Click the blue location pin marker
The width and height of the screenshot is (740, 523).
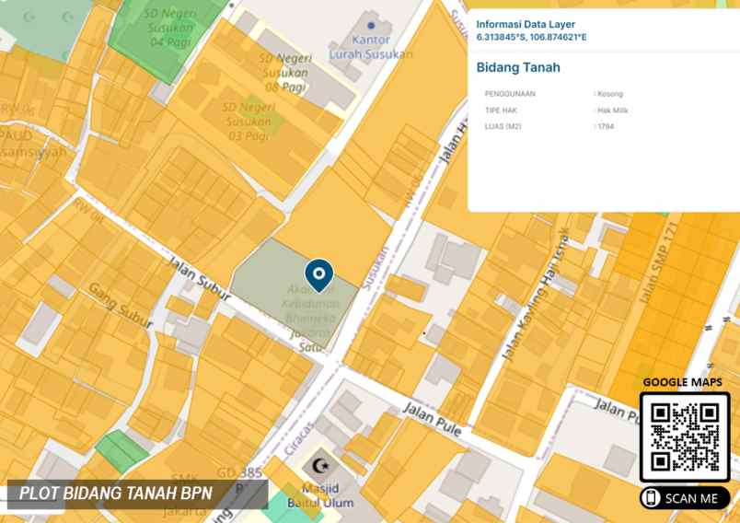318,273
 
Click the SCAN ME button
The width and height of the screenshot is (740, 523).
685,498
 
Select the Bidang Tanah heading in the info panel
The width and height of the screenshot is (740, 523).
518,67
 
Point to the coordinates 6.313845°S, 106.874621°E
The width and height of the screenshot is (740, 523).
531,38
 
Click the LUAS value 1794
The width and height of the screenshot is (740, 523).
606,126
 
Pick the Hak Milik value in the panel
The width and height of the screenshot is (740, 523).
612,110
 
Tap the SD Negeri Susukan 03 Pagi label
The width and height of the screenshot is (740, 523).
247,122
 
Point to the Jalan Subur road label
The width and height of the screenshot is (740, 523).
199,276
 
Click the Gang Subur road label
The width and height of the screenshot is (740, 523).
120,303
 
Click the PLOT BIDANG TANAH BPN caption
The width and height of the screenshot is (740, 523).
116,494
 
